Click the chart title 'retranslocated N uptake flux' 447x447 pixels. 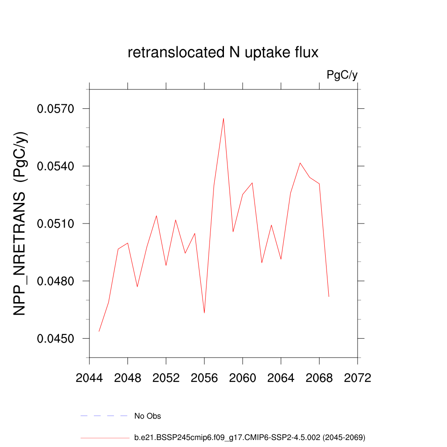[223, 53]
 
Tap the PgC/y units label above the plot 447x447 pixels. [342, 75]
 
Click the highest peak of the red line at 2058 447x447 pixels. [223, 118]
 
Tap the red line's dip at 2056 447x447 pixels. [204, 313]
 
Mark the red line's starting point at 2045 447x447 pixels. [99, 331]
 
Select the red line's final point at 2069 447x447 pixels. [329, 296]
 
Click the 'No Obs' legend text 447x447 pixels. [148, 416]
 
